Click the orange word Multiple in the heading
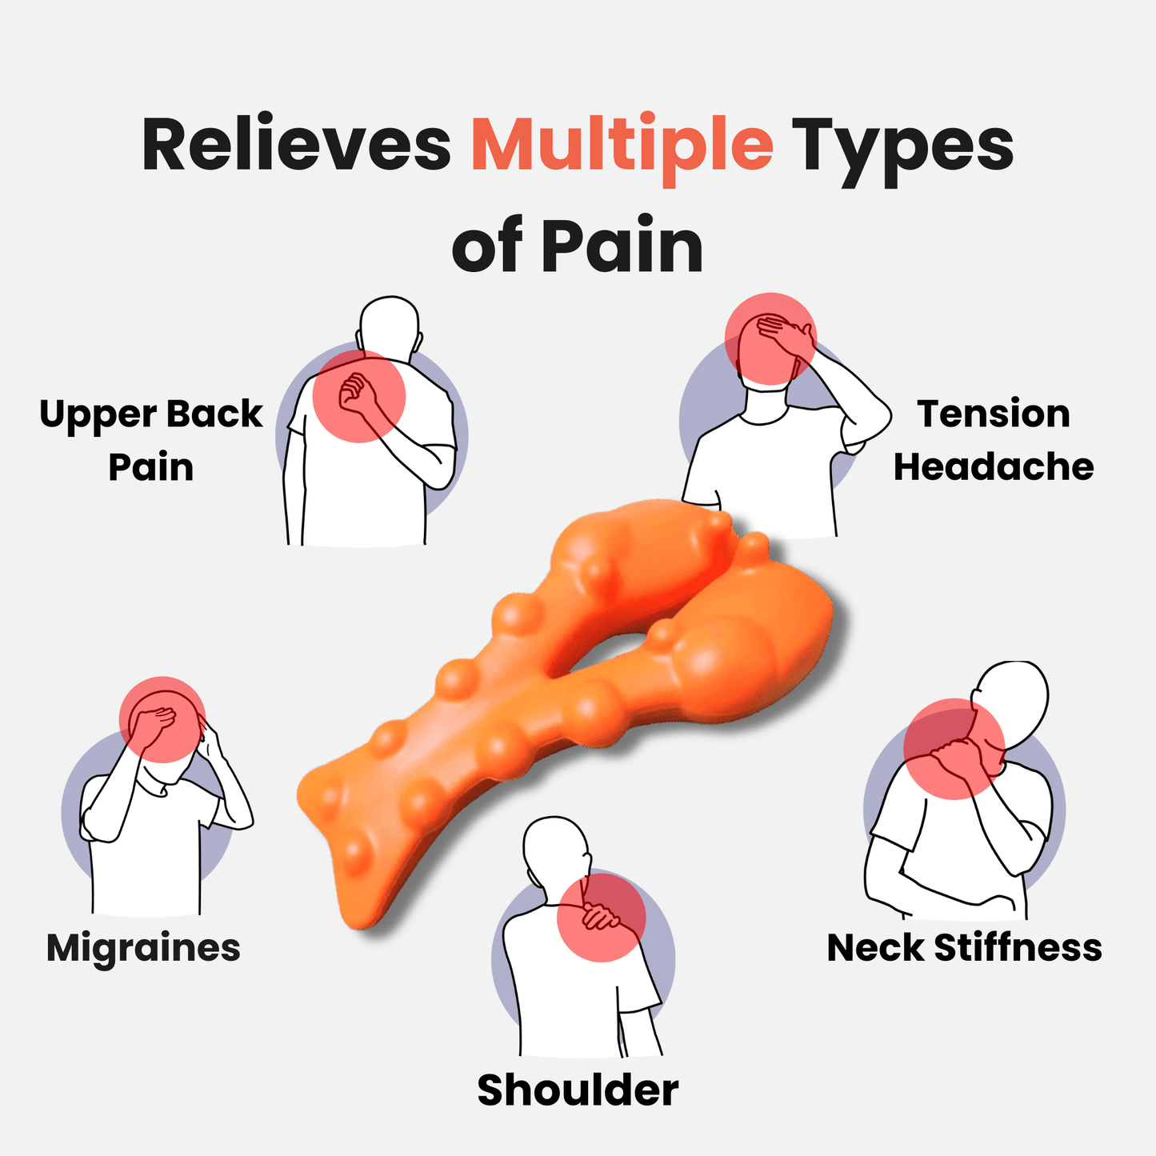[x=622, y=146]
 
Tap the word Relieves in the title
[x=296, y=146]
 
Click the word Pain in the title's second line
[x=622, y=246]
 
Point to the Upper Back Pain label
[x=151, y=440]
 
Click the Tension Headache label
[x=993, y=440]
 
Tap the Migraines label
[x=143, y=948]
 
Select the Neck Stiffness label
[x=964, y=948]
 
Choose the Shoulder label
[x=578, y=1090]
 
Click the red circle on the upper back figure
[x=359, y=396]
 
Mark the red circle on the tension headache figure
[x=770, y=338]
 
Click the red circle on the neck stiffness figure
[x=954, y=749]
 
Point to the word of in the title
[x=487, y=246]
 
